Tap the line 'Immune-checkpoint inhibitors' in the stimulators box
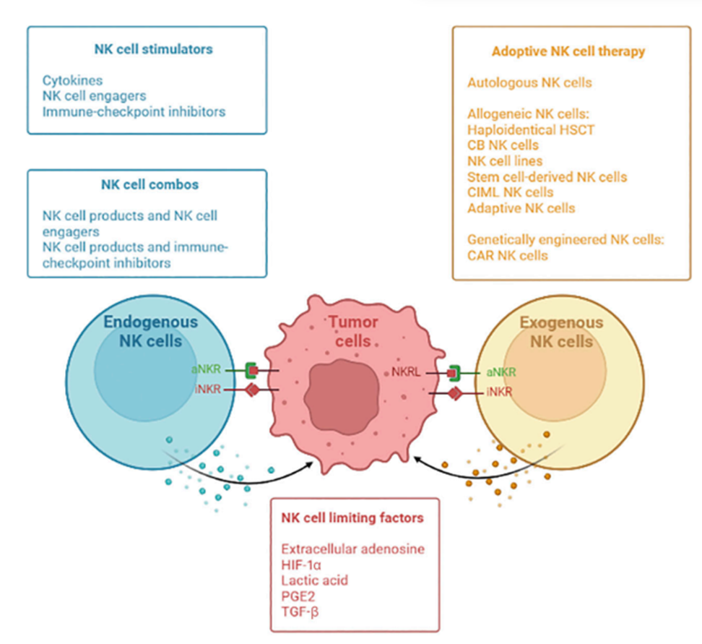[134, 111]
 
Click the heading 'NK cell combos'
[149, 184]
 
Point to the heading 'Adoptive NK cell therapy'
[568, 51]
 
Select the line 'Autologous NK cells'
[529, 82]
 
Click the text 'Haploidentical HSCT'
[530, 129]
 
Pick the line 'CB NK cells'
[503, 145]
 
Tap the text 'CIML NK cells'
[511, 192]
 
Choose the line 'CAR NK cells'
[508, 255]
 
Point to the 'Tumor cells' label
[354, 331]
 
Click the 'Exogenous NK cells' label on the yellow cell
[557, 332]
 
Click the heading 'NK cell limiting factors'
[352, 518]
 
